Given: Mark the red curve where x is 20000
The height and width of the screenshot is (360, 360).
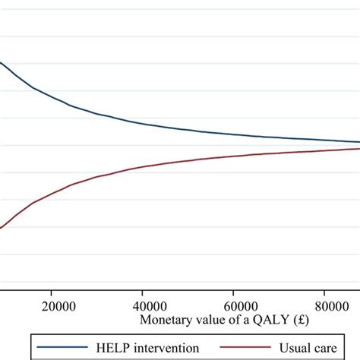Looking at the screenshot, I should click(x=51, y=194).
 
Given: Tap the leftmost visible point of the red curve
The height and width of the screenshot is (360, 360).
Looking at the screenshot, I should click(x=1, y=228).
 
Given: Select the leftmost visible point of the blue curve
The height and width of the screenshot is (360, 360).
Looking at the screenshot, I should click(x=1, y=63).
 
